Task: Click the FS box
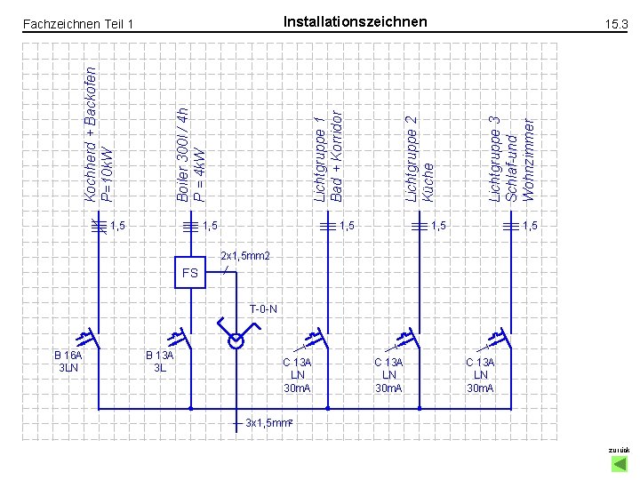[x=190, y=273]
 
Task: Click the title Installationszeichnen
[x=355, y=21]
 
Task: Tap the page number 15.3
[x=616, y=25]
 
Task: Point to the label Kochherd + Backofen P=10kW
[x=99, y=133]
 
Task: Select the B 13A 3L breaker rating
[x=160, y=361]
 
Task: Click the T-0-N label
[x=263, y=309]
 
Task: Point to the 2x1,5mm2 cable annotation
[x=244, y=256]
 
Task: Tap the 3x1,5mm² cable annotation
[x=269, y=422]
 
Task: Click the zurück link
[x=618, y=451]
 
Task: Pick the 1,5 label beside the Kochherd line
[x=117, y=226]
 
